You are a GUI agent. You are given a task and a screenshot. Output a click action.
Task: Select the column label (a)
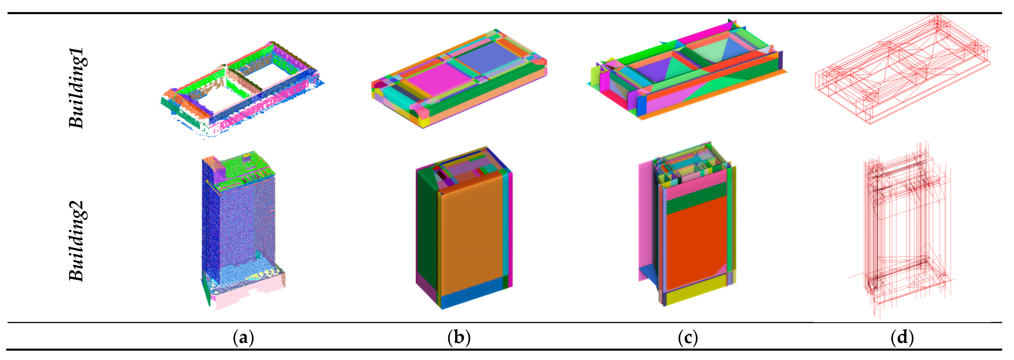(x=243, y=337)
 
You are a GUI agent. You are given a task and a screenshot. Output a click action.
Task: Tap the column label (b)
(x=459, y=337)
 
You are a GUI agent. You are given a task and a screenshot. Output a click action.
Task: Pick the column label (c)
(x=688, y=337)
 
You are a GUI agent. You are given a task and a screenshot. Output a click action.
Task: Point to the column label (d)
(x=902, y=337)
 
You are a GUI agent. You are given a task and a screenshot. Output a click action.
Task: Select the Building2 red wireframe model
(x=901, y=232)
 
